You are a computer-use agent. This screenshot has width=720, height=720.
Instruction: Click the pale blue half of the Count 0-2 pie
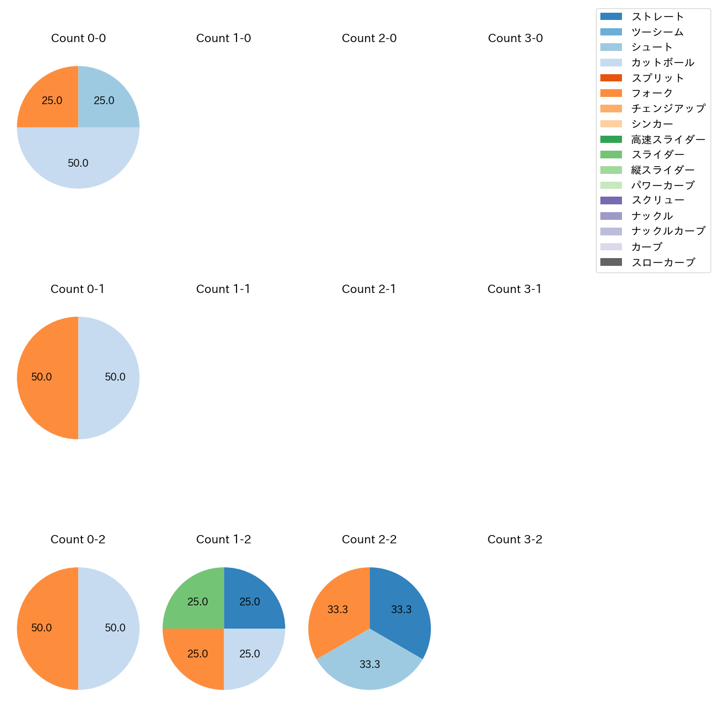tap(111, 628)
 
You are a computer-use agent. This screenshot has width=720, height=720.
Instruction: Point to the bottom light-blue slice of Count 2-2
tap(369, 665)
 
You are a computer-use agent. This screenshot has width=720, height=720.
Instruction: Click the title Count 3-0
tap(515, 38)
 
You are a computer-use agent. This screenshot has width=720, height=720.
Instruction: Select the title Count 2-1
tap(369, 289)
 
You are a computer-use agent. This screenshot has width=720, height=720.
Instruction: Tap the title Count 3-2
tap(515, 539)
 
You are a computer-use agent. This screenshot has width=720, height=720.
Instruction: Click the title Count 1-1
tap(223, 289)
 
